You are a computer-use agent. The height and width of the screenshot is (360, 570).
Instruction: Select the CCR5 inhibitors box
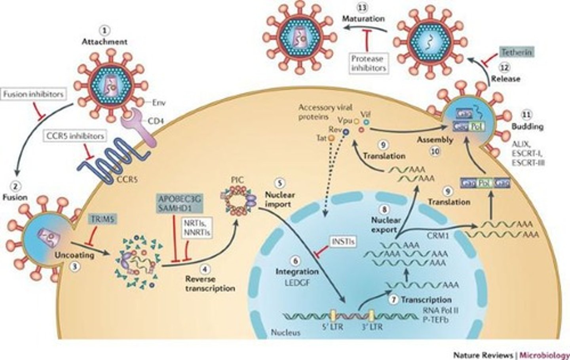click(75, 136)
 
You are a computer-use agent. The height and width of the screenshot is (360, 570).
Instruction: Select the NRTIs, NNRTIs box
click(196, 228)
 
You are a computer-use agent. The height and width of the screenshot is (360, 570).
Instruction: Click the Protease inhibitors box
click(368, 63)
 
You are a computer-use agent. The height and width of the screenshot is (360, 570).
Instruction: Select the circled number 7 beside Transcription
click(393, 299)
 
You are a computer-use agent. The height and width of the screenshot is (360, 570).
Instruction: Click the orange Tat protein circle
click(330, 138)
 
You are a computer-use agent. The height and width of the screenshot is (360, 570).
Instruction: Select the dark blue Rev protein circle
click(346, 131)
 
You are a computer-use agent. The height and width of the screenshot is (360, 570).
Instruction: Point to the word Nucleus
click(285, 332)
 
